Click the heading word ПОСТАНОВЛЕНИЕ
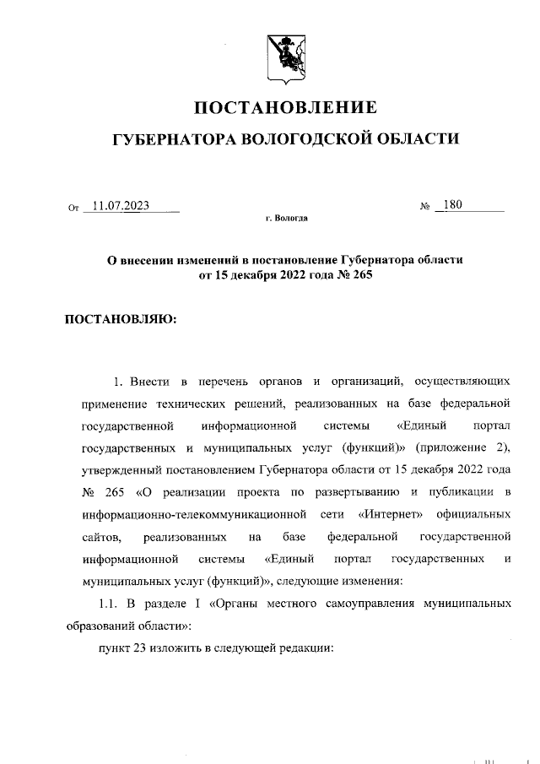286,108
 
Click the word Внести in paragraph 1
153,371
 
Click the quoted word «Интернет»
390,513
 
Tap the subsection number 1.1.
111,604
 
